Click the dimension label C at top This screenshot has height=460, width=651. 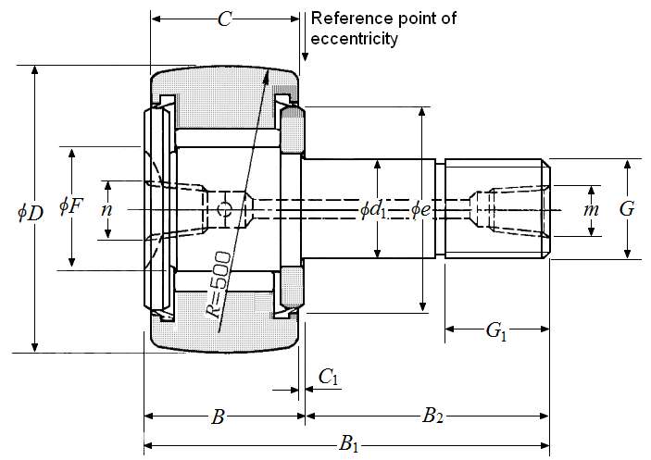(225, 19)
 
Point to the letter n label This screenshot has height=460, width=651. (107, 209)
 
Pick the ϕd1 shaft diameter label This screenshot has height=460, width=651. (373, 210)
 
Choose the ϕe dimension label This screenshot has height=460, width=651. (420, 210)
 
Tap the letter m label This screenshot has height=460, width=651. (591, 210)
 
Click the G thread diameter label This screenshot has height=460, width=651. (627, 209)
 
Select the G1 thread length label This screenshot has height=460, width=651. (497, 331)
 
